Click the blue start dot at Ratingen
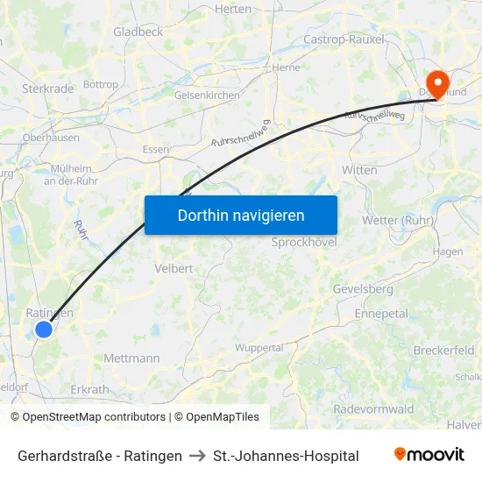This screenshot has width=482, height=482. point(43,330)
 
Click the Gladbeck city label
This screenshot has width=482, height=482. point(138,32)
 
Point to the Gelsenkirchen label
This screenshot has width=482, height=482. point(207,95)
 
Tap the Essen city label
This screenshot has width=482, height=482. point(155,149)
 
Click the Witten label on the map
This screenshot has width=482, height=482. point(359,169)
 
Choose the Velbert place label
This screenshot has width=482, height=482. point(173,268)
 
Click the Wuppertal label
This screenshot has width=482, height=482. point(259,348)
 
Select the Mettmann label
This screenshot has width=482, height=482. point(131,358)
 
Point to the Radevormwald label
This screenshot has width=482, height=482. point(373,409)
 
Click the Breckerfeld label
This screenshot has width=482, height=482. point(443,350)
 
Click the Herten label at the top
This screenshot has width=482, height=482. point(232,8)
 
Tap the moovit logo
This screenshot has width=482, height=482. point(429,455)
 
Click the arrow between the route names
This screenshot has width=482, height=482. point(197,456)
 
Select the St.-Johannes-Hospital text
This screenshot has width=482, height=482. point(286,456)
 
